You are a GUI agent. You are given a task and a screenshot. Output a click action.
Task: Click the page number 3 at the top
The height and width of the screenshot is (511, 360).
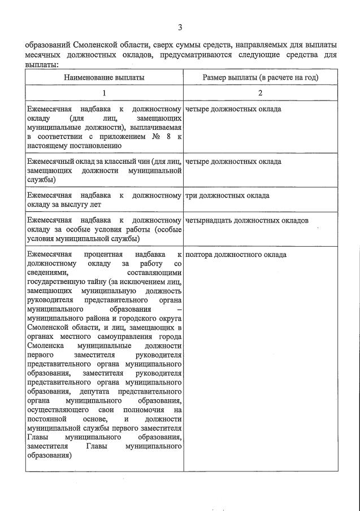180,27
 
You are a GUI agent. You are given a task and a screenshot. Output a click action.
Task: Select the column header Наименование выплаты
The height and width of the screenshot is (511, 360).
103,77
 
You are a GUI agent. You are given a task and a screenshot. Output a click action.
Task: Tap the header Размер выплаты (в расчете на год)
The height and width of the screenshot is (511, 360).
261,77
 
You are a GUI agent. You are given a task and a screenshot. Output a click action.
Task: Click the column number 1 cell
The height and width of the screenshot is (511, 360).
103,93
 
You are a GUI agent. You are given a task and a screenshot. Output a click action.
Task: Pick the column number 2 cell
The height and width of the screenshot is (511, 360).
261,93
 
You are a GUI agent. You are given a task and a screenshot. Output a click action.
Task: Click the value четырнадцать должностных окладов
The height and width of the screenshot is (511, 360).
246,220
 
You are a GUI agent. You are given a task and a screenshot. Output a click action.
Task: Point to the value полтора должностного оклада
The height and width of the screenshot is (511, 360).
236,255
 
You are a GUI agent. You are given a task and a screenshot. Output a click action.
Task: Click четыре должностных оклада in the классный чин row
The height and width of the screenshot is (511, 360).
233,161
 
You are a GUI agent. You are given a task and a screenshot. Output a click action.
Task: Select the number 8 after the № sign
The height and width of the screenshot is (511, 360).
161,136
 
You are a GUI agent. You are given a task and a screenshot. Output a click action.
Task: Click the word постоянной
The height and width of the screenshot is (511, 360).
47,420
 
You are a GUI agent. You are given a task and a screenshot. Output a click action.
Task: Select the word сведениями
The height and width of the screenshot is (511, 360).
47,273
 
